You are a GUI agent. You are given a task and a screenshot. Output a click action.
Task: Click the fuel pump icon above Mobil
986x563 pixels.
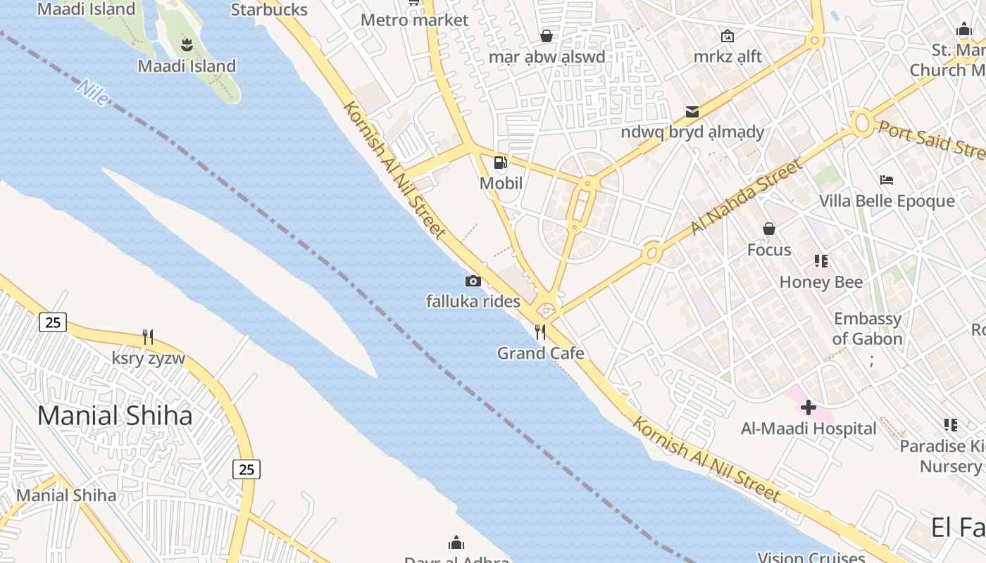point(500,163)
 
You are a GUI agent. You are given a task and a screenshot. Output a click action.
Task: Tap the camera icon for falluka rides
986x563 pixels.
point(473,281)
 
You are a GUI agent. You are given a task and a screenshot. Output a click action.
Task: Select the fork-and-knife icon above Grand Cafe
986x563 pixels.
point(540,332)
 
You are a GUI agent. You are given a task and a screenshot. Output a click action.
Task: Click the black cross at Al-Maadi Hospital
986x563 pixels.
point(809,407)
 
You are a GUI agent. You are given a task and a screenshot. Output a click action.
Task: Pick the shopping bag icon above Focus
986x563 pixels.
point(769,229)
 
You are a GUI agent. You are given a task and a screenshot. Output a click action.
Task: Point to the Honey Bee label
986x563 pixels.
point(821,282)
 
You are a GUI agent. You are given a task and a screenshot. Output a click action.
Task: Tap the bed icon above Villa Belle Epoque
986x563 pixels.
point(887,180)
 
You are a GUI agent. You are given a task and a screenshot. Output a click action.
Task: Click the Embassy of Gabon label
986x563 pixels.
point(867,329)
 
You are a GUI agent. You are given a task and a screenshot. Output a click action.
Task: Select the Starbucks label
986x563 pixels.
point(269,10)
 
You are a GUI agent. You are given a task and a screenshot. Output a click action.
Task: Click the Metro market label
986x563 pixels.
point(414,20)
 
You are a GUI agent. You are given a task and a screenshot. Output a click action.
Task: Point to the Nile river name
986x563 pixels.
point(93,93)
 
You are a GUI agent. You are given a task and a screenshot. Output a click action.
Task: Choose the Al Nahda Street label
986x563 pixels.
point(746,197)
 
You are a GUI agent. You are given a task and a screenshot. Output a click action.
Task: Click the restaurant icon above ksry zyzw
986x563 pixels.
point(148,337)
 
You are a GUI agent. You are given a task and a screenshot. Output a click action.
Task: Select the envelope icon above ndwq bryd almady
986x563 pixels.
point(692,111)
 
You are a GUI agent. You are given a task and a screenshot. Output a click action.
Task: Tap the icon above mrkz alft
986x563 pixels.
point(728,35)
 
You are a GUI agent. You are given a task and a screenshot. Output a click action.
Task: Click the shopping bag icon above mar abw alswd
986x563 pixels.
point(547,35)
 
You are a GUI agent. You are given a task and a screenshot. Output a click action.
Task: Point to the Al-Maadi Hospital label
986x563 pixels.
point(809,429)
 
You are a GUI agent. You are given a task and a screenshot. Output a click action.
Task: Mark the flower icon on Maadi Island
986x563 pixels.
point(187,46)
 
